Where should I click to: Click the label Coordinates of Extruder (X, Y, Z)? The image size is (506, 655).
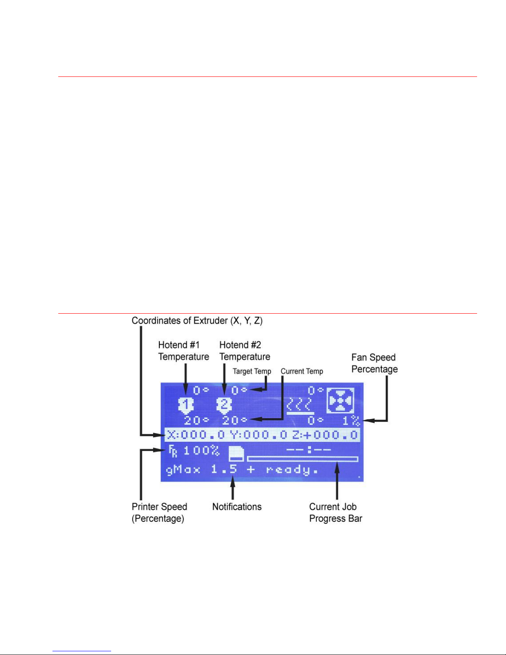[x=197, y=321]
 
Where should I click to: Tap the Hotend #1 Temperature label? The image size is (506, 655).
[x=183, y=351]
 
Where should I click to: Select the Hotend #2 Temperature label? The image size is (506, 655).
[x=245, y=351]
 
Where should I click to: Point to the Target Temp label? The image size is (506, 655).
[x=252, y=371]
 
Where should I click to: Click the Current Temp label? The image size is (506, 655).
[x=302, y=371]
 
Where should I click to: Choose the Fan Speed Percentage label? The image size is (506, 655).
[x=374, y=363]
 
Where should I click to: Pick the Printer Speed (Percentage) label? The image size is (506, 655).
[x=159, y=512]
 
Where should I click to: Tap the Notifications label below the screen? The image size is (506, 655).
[x=237, y=507]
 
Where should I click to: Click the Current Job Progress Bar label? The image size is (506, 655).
[x=335, y=512]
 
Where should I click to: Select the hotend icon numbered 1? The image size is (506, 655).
[x=186, y=405]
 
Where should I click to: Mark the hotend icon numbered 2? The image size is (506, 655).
[x=224, y=405]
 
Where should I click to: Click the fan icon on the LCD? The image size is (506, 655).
[x=340, y=400]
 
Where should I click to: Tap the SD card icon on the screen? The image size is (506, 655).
[x=237, y=453]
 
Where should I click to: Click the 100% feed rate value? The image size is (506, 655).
[x=201, y=450]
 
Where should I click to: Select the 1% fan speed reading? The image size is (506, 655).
[x=351, y=421]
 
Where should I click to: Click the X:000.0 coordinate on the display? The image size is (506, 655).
[x=196, y=435]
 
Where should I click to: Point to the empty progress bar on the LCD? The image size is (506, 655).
[x=302, y=459]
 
